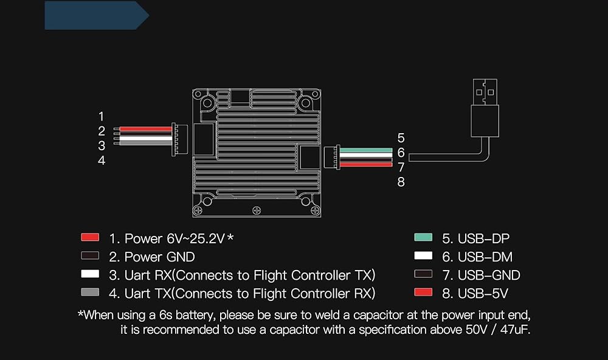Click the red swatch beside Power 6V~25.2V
[90, 237]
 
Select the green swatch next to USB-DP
[423, 237]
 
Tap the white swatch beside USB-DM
[423, 256]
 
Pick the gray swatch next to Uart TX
[90, 293]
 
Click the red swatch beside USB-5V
[423, 292]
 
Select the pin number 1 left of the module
[102, 116]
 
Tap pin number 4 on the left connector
[102, 161]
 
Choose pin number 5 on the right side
[401, 138]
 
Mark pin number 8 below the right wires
[401, 182]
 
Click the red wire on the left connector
[146, 129]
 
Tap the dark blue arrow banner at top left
[96, 15]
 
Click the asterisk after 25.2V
[230, 237]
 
